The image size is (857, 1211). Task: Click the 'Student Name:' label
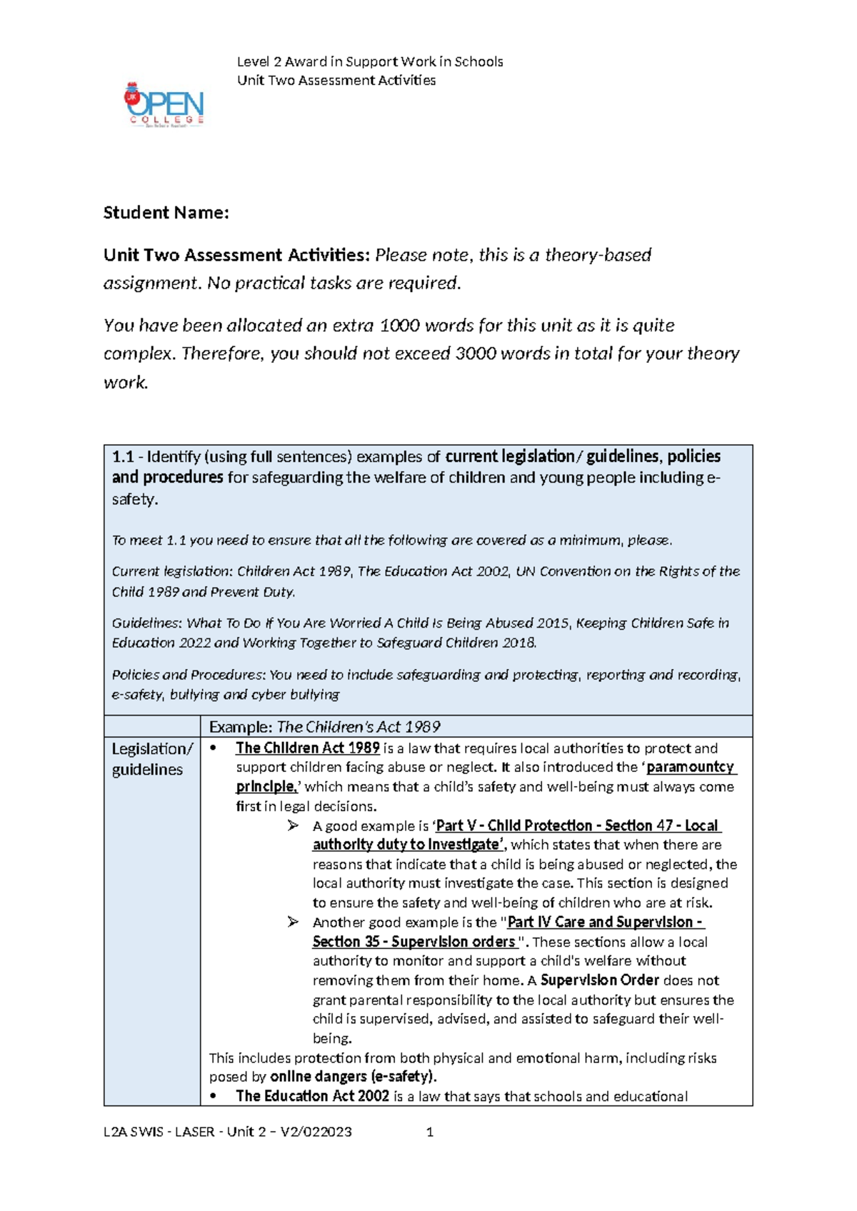tap(166, 213)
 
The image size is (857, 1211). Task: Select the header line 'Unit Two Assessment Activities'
tap(336, 81)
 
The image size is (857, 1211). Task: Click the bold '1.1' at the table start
tap(123, 457)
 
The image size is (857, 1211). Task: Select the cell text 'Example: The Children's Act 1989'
tap(324, 727)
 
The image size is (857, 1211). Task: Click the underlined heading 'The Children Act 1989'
tap(307, 748)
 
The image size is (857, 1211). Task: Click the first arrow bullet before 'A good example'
tap(293, 826)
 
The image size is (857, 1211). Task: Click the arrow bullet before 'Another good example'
tap(293, 923)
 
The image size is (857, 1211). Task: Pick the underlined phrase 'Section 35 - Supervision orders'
tap(414, 942)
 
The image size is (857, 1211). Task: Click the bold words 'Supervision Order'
tap(599, 980)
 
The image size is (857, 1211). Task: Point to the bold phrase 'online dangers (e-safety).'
tap(353, 1077)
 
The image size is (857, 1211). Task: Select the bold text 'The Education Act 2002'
tap(312, 1096)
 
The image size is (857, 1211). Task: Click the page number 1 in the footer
tap(430, 1132)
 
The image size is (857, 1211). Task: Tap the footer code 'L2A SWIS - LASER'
tap(159, 1132)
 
